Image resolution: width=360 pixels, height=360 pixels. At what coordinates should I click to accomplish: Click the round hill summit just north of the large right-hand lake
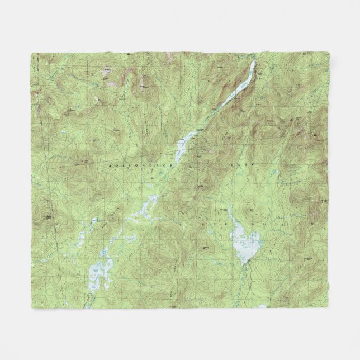point(250,211)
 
